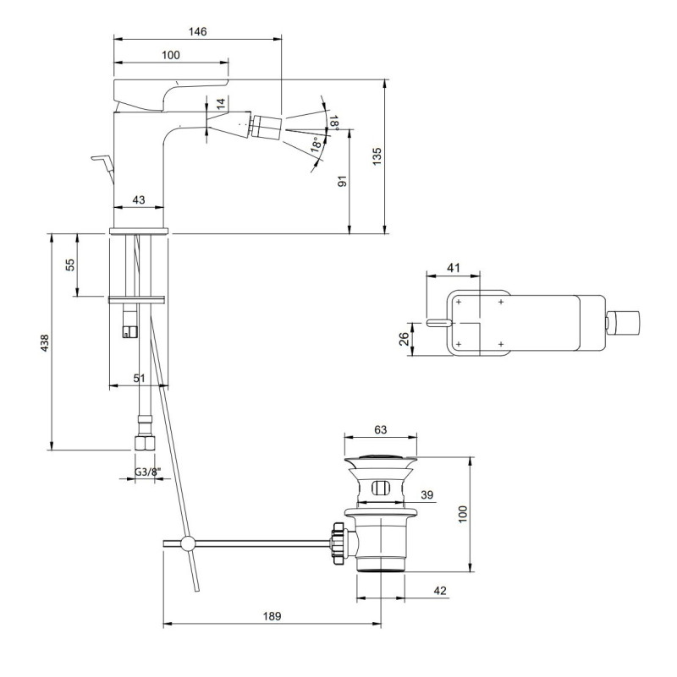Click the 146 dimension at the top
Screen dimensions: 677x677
[x=197, y=31]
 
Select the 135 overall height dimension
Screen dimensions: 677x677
[x=377, y=156]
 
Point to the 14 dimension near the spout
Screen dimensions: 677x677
[x=221, y=103]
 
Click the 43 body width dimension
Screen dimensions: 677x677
[x=138, y=199]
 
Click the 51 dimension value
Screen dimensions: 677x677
[x=140, y=379]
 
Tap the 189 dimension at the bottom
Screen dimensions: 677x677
[x=272, y=616]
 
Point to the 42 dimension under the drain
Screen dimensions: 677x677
[x=439, y=591]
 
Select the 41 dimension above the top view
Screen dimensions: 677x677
[x=453, y=268]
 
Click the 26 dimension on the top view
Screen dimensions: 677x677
[x=405, y=338]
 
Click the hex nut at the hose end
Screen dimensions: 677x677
[x=141, y=443]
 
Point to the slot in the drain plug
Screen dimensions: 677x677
[x=381, y=488]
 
